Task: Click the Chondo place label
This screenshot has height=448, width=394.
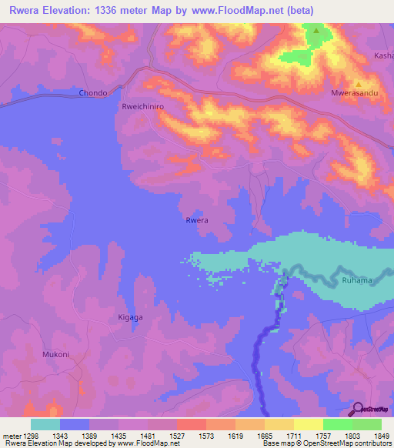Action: (x=93, y=93)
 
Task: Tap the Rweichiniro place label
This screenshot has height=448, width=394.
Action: (x=144, y=108)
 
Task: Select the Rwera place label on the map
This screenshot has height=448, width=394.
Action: (x=197, y=221)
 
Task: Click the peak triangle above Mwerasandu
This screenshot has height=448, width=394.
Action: (x=358, y=85)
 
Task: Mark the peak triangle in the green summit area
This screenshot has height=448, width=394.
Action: (x=316, y=32)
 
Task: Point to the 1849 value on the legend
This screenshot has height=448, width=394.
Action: (x=382, y=436)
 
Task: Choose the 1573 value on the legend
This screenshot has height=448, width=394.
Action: (x=206, y=436)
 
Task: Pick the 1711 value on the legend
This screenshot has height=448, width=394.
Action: (x=294, y=436)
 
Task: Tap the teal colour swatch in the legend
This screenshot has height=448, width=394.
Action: (x=45, y=424)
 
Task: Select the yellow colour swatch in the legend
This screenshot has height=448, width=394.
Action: (x=309, y=424)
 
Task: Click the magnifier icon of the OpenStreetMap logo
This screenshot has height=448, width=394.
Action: (x=358, y=409)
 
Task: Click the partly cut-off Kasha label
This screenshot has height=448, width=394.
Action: (x=383, y=56)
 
